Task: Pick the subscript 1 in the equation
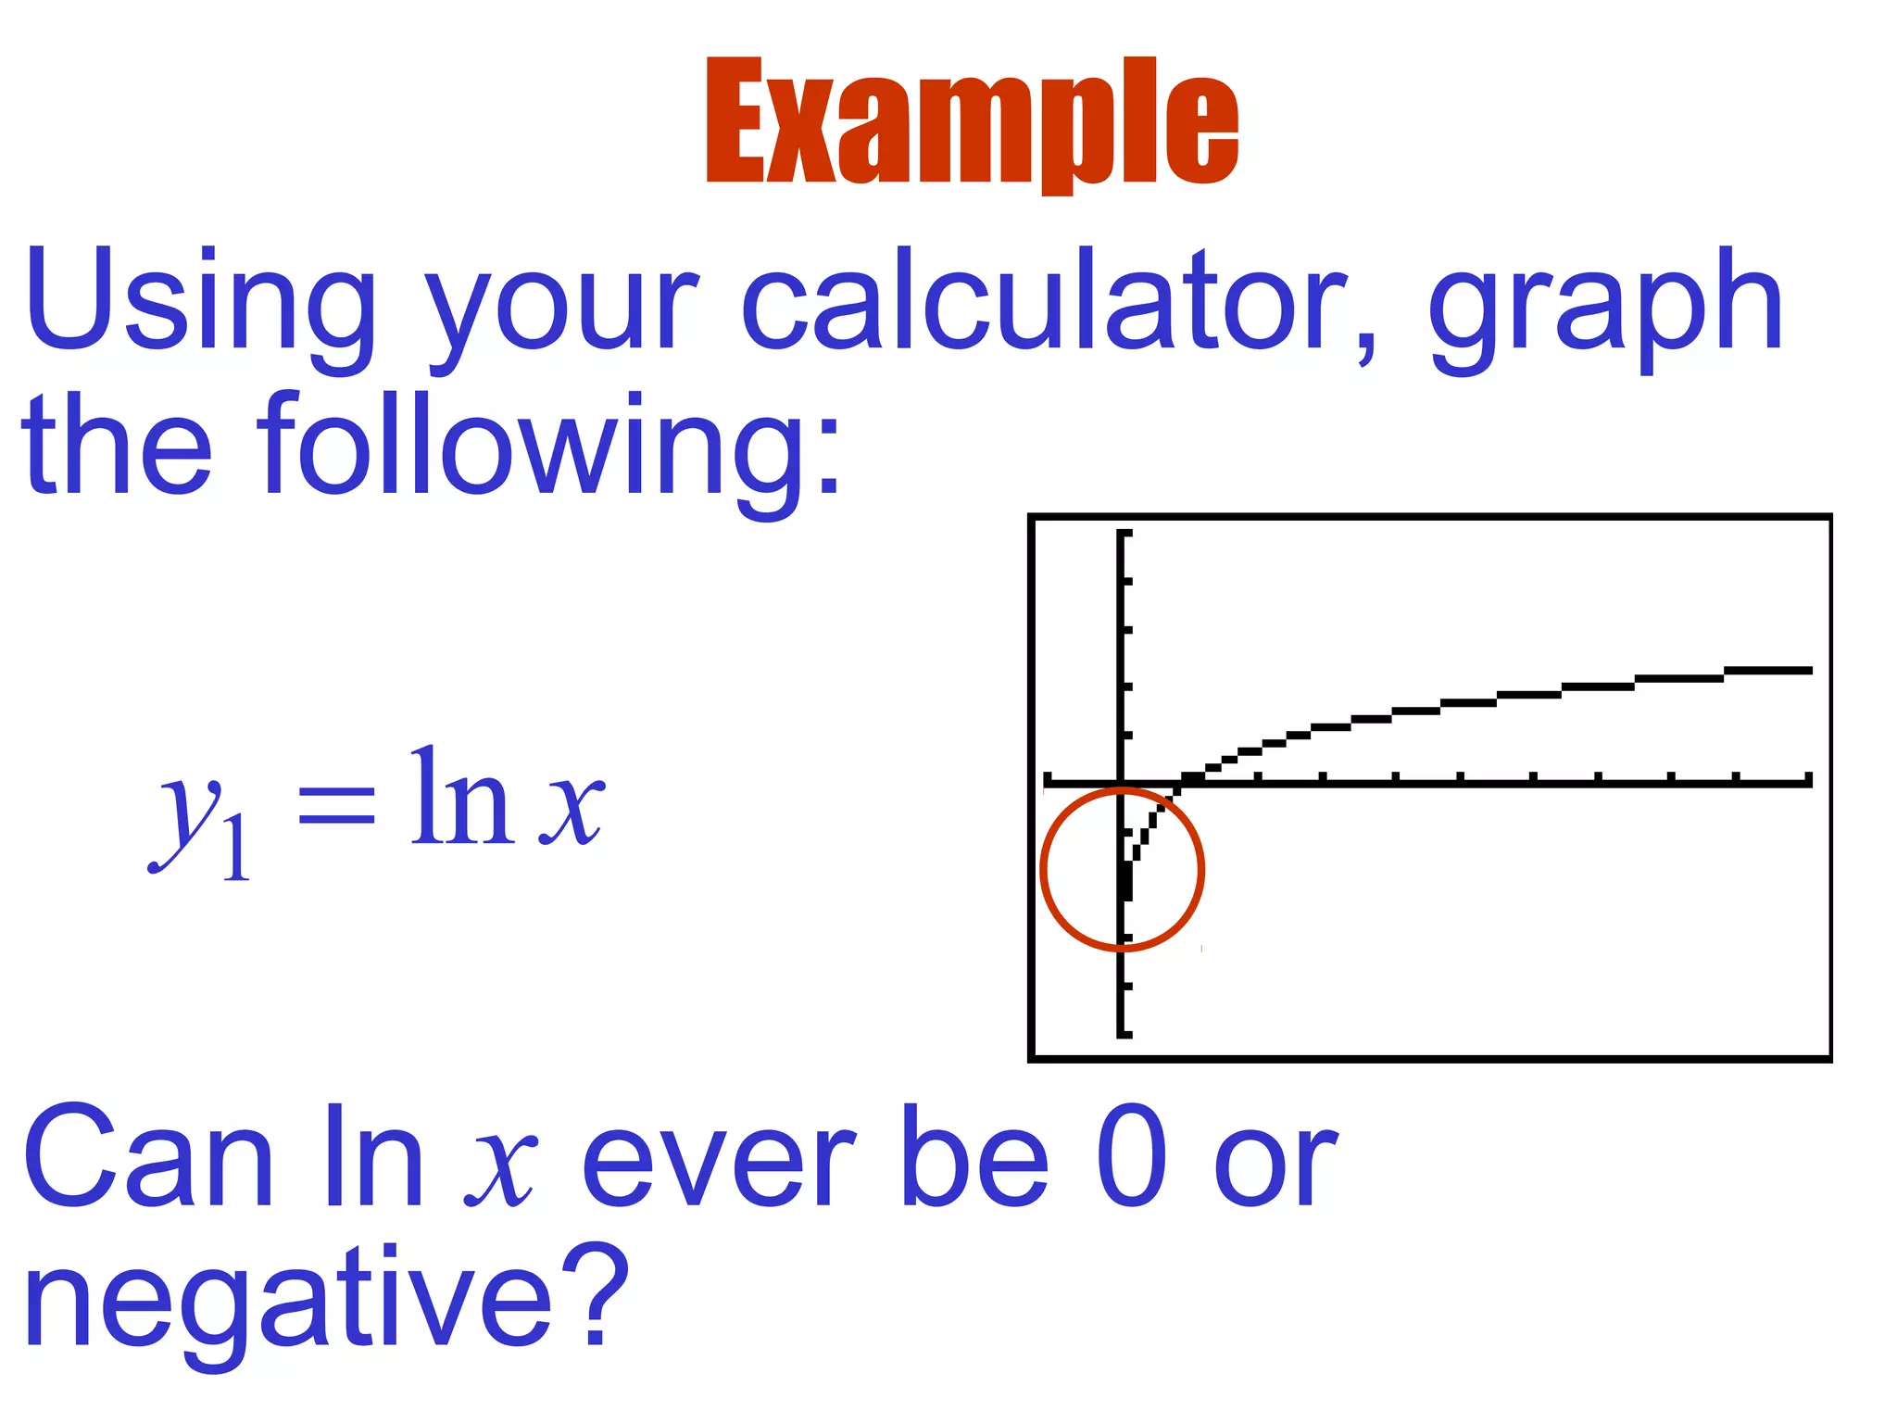(x=237, y=849)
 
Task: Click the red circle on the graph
(x=1200, y=869)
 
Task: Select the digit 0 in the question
(x=1131, y=1156)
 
